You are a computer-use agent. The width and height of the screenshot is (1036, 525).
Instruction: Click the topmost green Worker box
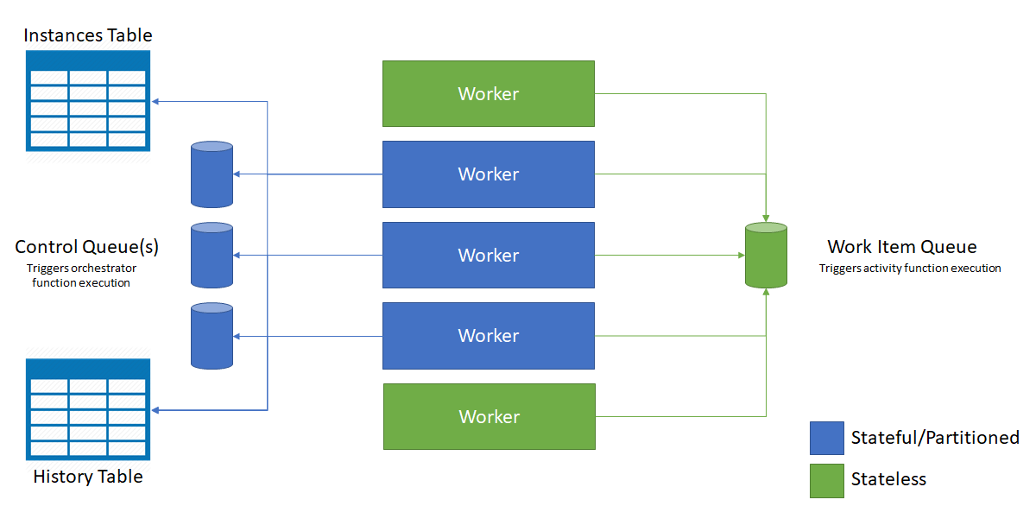489,93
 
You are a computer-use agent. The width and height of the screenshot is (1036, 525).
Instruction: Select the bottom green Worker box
489,416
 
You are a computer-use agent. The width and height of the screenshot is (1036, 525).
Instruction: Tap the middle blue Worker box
489,255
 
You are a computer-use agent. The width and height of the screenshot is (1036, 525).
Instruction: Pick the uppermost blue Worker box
489,174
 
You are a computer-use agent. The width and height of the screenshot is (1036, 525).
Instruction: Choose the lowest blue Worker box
489,336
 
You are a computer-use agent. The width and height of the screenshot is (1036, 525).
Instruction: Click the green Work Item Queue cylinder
766,255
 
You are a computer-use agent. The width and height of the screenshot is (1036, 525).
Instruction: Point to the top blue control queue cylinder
212,174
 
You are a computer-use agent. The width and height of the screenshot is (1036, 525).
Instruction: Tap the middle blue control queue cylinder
212,255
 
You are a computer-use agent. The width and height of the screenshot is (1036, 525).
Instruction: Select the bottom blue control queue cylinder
212,336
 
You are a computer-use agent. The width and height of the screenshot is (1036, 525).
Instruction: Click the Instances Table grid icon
88,101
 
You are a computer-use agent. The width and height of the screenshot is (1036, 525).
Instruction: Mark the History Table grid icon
88,409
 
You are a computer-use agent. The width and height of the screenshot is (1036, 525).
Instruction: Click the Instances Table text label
88,35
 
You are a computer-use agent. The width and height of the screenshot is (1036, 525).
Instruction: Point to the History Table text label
88,477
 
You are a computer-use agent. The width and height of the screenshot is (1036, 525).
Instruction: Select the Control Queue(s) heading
86,247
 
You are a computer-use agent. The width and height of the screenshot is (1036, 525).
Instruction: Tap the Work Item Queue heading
902,247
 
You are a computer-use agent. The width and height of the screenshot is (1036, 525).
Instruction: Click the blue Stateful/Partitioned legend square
826,438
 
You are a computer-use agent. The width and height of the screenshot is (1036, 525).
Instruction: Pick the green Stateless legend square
826,480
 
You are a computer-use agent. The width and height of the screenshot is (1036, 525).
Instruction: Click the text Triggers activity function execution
910,269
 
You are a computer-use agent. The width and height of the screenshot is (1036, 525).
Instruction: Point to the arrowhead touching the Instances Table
156,101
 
